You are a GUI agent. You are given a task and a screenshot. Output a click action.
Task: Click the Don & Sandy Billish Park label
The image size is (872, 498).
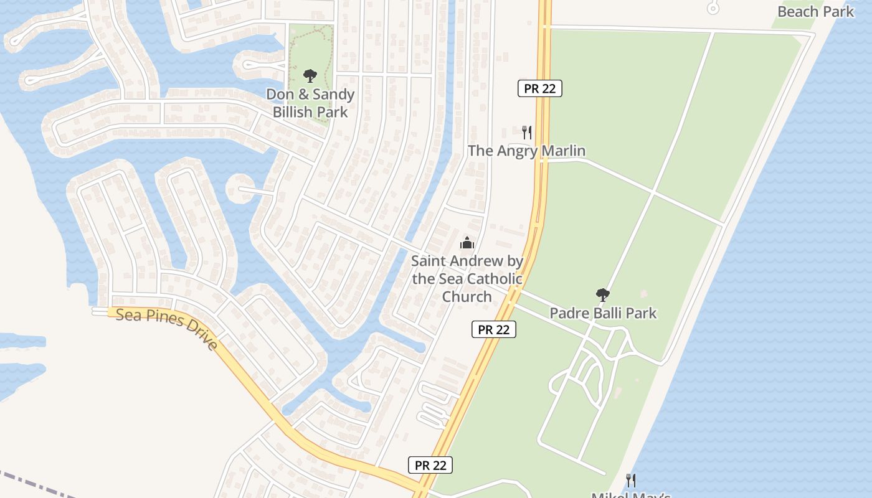coord(310,103)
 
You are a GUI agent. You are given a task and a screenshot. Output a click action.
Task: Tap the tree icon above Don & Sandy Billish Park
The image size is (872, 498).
coord(310,77)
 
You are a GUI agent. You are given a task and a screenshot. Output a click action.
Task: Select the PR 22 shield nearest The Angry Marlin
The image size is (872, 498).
coord(539,88)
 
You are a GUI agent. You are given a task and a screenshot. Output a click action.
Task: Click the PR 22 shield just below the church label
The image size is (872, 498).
coord(493,329)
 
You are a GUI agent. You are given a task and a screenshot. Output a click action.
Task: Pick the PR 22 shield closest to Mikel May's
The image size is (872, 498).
coord(430,465)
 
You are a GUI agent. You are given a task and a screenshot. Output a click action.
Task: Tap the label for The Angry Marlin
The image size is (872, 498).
coord(526,151)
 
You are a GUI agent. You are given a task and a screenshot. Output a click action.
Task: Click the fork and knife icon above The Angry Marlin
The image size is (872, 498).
coord(527,132)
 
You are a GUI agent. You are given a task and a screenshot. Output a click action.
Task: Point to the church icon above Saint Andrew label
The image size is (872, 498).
coord(467,243)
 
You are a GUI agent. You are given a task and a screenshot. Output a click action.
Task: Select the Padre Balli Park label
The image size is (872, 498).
coord(603,312)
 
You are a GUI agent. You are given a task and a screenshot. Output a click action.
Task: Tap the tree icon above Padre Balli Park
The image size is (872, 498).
coord(602,295)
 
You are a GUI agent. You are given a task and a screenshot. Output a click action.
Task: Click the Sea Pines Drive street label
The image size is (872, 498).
coord(168,329)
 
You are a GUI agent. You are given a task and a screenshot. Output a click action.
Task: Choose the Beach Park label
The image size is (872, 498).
coord(815,11)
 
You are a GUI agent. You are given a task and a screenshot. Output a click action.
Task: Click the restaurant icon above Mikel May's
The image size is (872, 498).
coord(631,480)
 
